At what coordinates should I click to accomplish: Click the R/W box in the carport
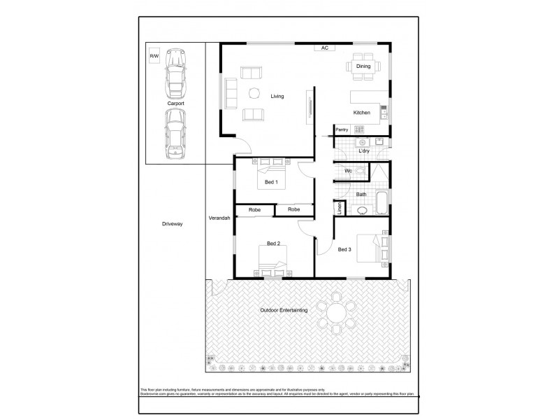pos(154,56)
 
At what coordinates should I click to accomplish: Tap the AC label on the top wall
pos(325,48)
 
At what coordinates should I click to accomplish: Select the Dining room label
pos(363,66)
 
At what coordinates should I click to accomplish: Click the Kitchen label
pos(361,113)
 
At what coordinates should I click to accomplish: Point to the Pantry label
pos(342,129)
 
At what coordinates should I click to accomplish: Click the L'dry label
pos(363,151)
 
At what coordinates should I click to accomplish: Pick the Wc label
pos(347,171)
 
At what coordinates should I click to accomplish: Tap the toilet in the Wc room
pos(360,171)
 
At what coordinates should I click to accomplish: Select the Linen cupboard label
pos(340,207)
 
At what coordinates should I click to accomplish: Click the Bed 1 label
pos(270,183)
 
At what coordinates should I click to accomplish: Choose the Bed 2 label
pos(273,244)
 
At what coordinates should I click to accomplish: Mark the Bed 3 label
pos(344,249)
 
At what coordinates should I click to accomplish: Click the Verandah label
pos(219,219)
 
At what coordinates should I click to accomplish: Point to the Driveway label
pos(172,224)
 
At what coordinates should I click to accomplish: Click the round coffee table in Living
pos(252,94)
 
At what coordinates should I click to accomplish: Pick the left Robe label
pos(254,209)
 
